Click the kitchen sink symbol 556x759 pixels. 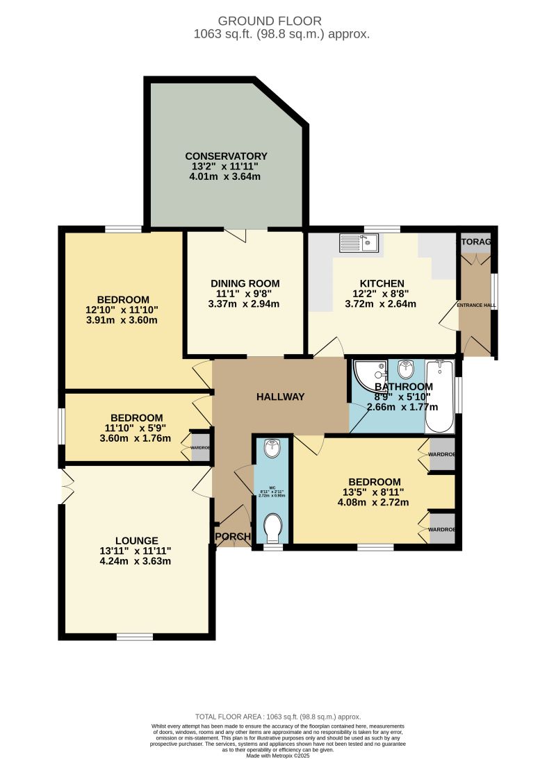358,243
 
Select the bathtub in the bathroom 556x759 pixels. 439,397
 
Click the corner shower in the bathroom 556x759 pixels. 369,376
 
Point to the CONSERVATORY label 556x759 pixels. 227,156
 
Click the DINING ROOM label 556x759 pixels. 245,283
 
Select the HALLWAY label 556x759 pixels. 281,397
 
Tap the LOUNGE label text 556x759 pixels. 137,540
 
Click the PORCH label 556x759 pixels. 232,537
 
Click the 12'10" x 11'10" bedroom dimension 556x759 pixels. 122,310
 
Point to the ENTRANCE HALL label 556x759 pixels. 476,305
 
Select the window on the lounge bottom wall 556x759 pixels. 135,636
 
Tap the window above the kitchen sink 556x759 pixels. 382,229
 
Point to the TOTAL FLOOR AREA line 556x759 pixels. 278,717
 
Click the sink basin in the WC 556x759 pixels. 271,451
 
